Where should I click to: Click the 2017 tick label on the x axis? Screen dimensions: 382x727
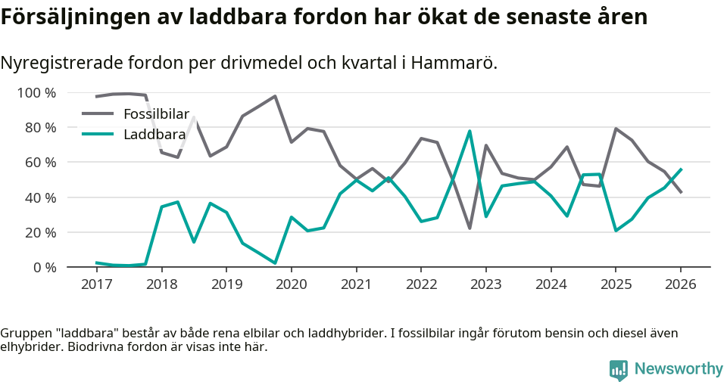(x=96, y=284)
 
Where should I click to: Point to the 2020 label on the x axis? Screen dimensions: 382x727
(x=291, y=284)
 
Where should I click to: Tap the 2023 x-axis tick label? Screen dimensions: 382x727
(x=485, y=284)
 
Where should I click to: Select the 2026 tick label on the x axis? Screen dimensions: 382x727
(x=680, y=284)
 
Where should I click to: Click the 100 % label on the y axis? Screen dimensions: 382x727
(x=36, y=93)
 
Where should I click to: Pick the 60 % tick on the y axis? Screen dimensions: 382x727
(x=39, y=163)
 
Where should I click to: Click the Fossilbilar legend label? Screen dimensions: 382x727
(x=156, y=114)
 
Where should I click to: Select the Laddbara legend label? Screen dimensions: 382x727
(x=154, y=135)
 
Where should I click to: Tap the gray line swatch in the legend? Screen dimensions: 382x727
(x=98, y=114)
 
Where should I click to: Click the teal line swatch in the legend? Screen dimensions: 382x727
(x=98, y=135)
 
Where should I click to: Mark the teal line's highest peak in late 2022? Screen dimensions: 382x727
(x=470, y=131)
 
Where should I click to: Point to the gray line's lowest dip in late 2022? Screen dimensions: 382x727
(x=470, y=228)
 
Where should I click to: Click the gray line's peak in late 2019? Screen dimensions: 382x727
(x=275, y=96)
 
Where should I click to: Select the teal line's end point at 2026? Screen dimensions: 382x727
(x=681, y=169)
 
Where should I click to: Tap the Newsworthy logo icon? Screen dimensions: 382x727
(x=618, y=369)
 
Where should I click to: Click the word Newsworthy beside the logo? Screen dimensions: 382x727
(x=679, y=369)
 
